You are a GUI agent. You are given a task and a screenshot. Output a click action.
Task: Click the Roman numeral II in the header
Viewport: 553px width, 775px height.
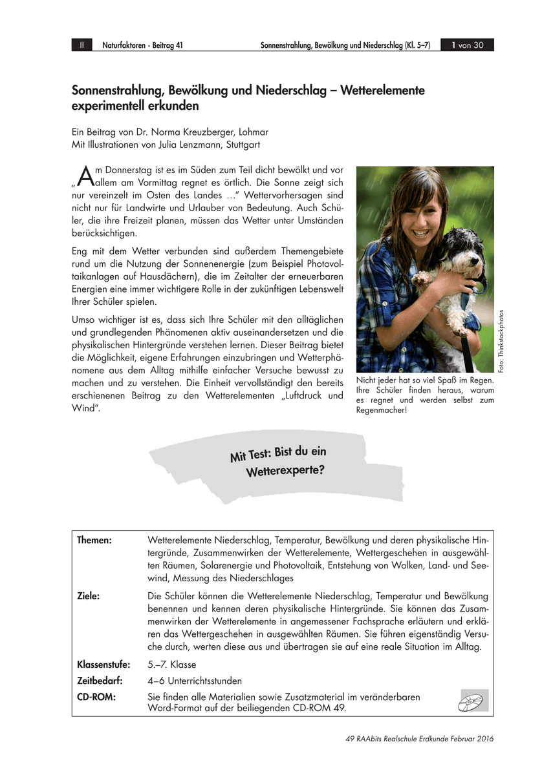pos(81,45)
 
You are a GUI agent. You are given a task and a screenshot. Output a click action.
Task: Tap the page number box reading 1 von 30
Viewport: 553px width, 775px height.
pos(467,45)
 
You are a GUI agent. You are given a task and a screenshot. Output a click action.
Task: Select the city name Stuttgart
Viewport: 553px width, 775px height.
pos(242,145)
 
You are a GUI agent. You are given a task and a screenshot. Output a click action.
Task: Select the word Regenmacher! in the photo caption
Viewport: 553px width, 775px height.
pos(382,409)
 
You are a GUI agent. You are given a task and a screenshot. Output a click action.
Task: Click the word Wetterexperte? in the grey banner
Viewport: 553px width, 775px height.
pos(285,470)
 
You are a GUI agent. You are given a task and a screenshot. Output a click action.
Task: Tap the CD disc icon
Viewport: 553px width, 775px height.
pos(473,700)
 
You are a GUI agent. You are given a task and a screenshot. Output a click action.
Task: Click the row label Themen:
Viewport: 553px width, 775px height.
pos(94,540)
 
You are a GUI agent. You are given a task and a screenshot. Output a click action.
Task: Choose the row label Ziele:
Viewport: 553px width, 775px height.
pos(89,596)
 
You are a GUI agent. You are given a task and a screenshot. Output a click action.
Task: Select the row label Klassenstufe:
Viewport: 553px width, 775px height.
pos(103,665)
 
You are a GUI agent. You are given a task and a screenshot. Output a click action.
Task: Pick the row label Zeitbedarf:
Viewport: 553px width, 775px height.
pos(101,681)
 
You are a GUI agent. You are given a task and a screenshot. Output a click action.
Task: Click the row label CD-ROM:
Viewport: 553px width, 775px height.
pos(96,697)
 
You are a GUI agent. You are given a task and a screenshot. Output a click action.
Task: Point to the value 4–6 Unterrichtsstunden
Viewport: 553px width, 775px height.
pos(195,681)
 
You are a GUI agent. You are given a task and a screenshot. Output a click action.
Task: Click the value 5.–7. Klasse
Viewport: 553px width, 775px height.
pos(172,665)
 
